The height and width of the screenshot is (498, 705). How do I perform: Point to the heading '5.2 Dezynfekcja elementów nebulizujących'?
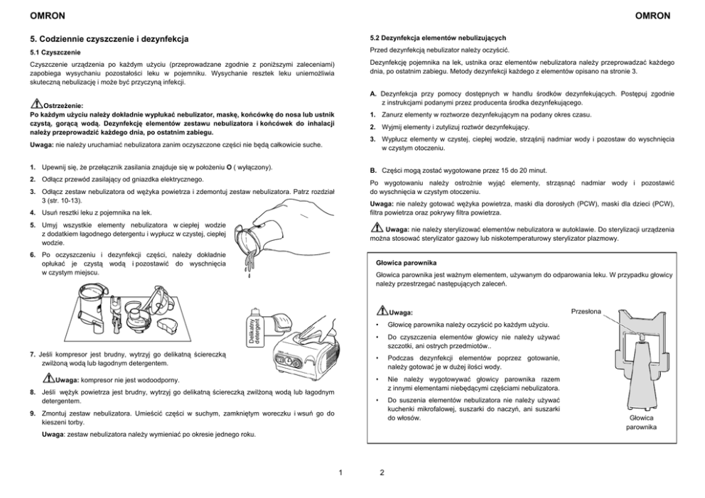coord(438,37)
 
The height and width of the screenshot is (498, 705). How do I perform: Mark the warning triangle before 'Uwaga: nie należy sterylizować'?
coord(377,228)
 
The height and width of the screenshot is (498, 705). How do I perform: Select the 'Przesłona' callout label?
coord(587,310)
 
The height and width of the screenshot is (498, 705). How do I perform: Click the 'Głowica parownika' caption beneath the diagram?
coord(642,423)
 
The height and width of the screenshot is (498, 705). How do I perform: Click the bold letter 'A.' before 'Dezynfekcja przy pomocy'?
coord(373,94)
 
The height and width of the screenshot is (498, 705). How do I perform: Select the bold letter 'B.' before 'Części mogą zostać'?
coord(373,170)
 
